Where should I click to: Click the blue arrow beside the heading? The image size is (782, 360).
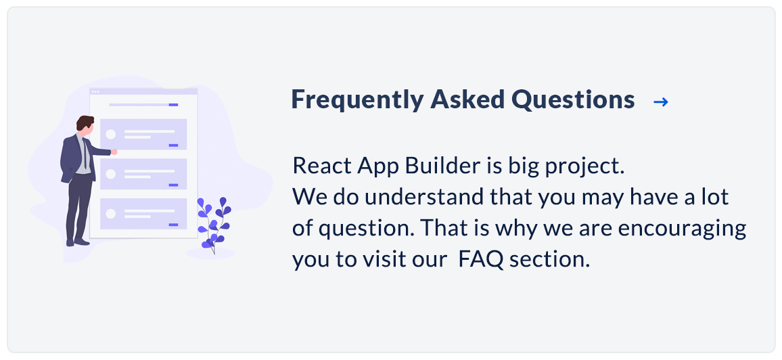tap(661, 102)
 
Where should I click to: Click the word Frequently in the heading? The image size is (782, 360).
tap(356, 99)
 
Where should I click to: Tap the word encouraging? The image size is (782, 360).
tap(683, 229)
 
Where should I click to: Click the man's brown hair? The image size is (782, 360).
tap(85, 122)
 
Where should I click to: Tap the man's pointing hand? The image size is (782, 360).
tap(114, 152)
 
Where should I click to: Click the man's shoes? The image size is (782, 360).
tap(78, 242)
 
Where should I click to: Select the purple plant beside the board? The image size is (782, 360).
tap(214, 225)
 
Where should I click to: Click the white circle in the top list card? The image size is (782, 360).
tap(111, 135)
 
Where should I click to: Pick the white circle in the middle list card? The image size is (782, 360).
tap(111, 174)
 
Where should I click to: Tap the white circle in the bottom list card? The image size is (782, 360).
tap(111, 213)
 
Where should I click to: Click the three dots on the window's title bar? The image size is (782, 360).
tap(95, 92)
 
